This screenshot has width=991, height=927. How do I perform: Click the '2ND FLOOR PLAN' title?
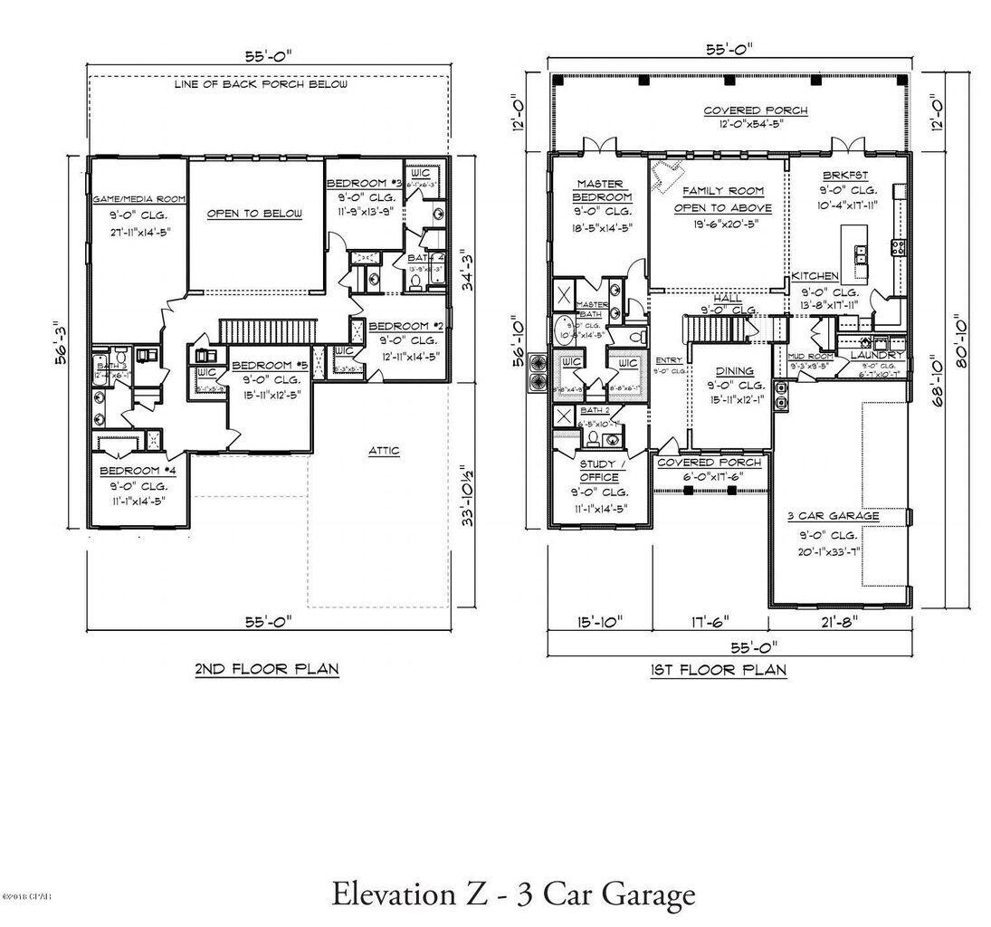click(x=266, y=669)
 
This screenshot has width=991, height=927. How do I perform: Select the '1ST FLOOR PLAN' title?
click(x=719, y=670)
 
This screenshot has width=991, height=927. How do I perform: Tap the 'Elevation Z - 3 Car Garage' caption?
click(x=513, y=894)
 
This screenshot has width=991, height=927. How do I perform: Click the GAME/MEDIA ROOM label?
click(x=138, y=198)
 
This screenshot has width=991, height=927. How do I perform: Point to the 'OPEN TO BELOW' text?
click(x=254, y=213)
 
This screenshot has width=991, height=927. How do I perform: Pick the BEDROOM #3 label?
click(x=362, y=182)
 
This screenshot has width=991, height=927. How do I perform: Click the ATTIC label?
click(x=384, y=450)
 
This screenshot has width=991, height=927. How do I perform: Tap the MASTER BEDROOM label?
click(x=602, y=191)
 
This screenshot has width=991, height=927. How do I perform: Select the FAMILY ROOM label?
click(x=722, y=191)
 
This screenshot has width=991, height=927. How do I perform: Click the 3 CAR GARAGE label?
click(x=833, y=515)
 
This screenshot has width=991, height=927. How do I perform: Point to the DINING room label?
click(x=734, y=370)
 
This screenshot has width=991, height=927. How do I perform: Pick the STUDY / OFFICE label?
click(x=598, y=471)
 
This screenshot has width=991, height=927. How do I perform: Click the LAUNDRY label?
click(x=876, y=356)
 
